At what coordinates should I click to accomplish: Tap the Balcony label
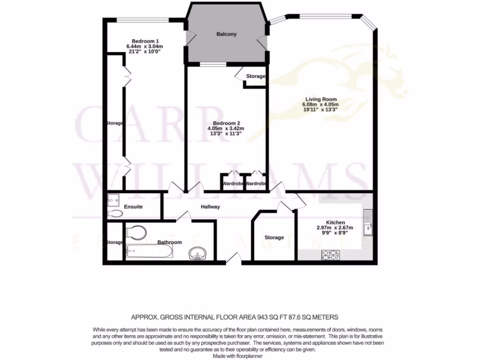click(226, 34)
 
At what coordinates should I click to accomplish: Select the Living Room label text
click(321, 99)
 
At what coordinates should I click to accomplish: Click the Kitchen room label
click(335, 222)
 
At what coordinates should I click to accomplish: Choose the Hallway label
click(210, 207)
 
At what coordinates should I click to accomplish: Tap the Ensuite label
click(133, 207)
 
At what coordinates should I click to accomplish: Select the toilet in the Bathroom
click(136, 232)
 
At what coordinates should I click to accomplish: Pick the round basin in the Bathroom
click(199, 254)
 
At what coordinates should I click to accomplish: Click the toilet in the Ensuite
click(115, 214)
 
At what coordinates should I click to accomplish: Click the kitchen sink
click(368, 222)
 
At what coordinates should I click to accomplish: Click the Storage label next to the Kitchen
click(274, 238)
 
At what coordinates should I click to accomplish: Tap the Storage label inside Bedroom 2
click(256, 76)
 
